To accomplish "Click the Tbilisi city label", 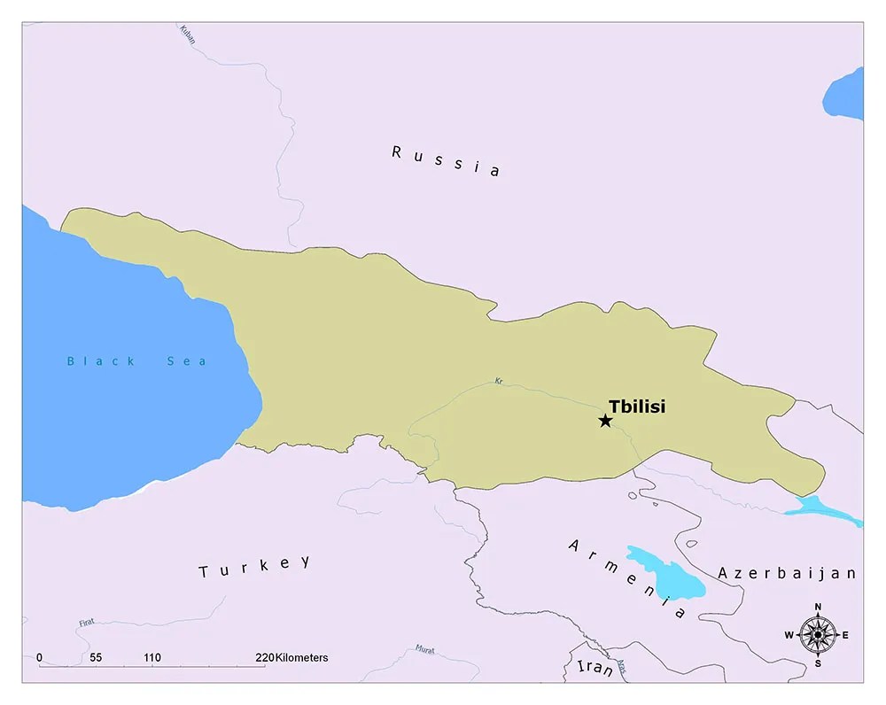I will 636,407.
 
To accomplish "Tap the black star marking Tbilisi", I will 605,421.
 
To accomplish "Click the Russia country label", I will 446,161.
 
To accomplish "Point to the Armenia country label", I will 627,578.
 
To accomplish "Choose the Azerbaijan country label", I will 787,573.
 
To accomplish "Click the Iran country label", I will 595,668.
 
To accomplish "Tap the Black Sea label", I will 136,361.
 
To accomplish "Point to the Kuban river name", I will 188,35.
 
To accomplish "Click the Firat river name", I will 87,624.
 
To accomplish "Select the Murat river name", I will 425,649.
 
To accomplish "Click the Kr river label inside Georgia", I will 499,381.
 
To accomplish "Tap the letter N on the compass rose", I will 817,607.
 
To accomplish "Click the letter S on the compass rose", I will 817,663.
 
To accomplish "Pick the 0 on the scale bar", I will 39,658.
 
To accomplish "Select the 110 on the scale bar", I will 152,658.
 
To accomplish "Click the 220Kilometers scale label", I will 291,658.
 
